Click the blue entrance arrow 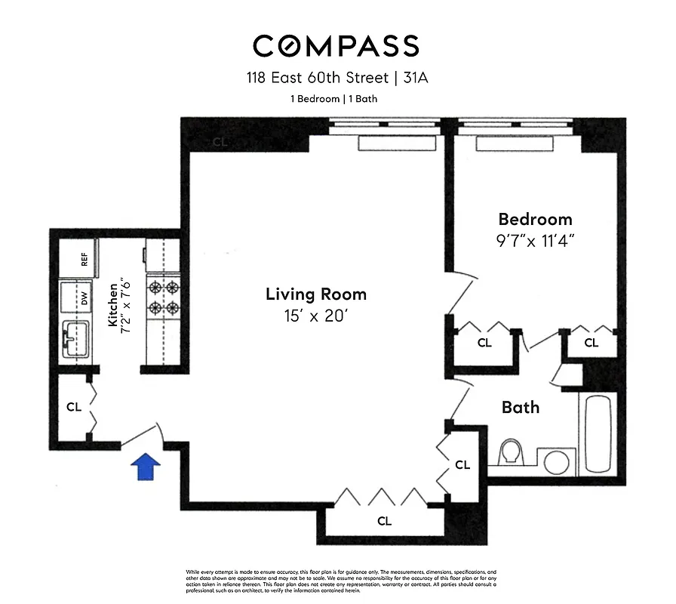[x=146, y=467]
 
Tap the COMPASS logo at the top [x=336, y=46]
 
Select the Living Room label [x=316, y=294]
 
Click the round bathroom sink [x=556, y=462]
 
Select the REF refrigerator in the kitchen [x=84, y=260]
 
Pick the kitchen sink [x=75, y=340]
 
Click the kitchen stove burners [x=163, y=297]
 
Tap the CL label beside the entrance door [x=73, y=407]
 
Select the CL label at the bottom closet [x=384, y=520]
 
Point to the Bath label [x=521, y=408]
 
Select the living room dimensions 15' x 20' [x=316, y=317]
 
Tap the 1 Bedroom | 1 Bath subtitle [x=334, y=99]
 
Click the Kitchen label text [x=113, y=304]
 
